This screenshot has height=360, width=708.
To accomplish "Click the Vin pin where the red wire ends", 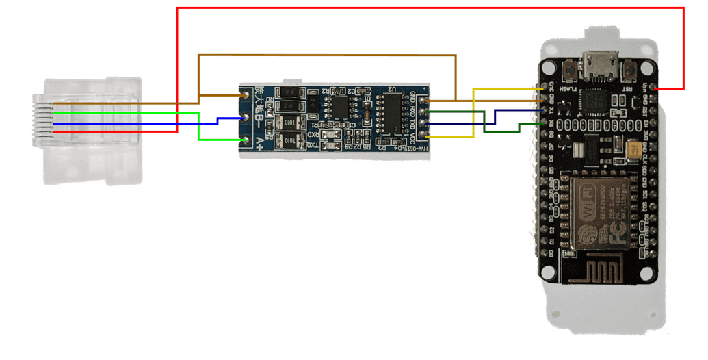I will (655, 88).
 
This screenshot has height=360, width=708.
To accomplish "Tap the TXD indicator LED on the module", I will (331, 144).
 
